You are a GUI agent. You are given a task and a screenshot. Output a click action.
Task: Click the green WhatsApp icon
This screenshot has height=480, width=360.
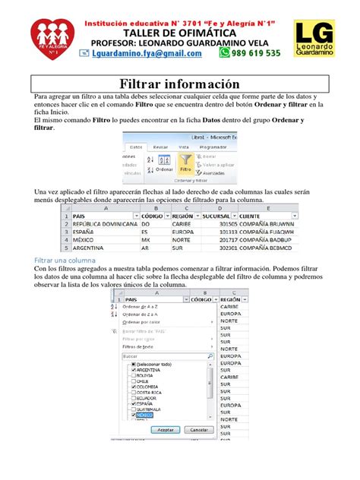[224, 53]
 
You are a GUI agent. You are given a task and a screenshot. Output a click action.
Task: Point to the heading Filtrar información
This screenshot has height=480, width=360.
[179, 84]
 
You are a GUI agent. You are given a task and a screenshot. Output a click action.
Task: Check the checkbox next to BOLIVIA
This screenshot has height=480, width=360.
[134, 375]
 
